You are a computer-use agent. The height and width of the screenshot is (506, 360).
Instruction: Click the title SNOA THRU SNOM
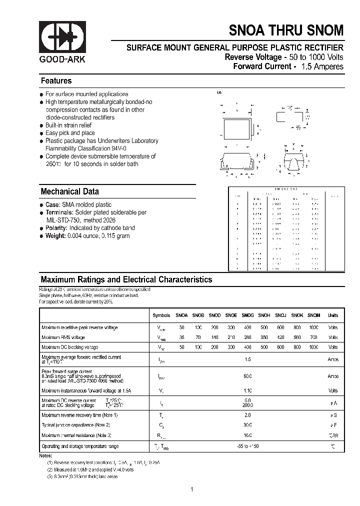point(286,30)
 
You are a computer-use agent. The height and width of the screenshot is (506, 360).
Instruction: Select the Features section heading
point(56,81)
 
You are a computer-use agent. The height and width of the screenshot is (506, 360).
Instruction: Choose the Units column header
point(332,315)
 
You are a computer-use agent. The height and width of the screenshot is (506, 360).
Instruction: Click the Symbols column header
point(161,315)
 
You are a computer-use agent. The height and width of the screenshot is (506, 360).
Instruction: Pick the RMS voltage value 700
point(313,337)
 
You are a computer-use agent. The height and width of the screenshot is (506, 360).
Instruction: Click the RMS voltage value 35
point(181,337)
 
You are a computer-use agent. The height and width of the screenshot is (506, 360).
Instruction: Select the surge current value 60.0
point(247,375)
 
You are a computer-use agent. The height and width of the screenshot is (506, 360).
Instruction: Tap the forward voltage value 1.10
point(247,390)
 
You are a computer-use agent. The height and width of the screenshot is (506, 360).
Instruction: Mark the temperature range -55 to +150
point(247,446)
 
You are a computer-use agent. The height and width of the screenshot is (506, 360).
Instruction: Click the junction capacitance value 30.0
point(247,425)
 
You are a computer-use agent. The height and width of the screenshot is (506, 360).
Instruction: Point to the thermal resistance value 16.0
point(247,435)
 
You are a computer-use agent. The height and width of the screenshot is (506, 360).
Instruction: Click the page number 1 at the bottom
point(191,489)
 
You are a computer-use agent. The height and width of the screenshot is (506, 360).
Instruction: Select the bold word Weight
point(55,236)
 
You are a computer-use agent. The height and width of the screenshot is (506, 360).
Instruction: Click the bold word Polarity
point(56,228)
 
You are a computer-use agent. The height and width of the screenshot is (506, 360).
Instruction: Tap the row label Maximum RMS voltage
point(63,337)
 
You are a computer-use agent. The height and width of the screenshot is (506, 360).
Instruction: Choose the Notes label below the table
point(45,456)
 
